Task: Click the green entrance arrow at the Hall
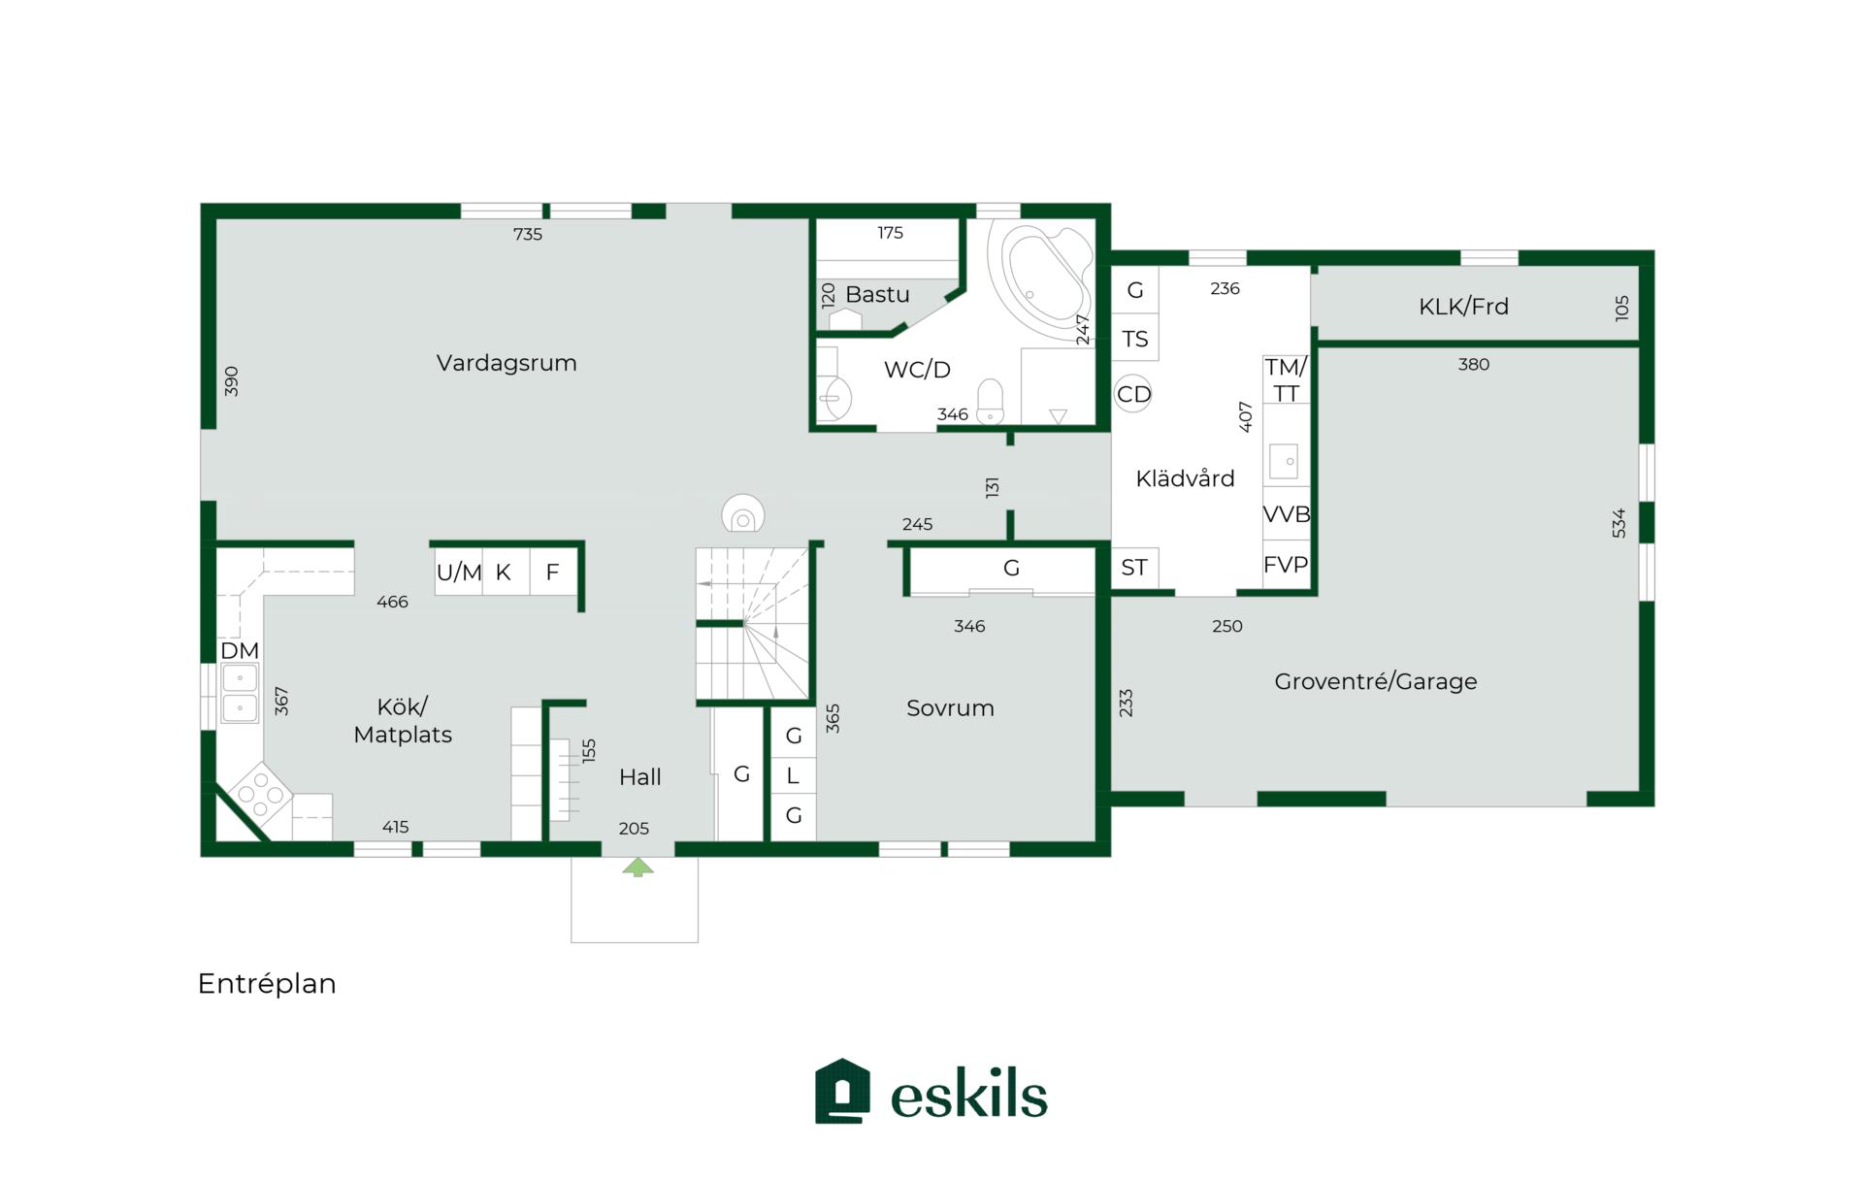637,867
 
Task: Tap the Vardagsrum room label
507,363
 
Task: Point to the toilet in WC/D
990,402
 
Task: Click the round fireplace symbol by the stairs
743,514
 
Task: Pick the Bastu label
877,294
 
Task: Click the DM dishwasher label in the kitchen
240,650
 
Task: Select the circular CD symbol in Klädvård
1133,394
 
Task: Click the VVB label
1287,514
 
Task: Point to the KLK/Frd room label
1463,307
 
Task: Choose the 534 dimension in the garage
1618,523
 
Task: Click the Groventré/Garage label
1376,681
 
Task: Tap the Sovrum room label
950,708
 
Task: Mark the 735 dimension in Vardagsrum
528,234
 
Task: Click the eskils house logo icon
842,1091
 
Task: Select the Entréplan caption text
267,984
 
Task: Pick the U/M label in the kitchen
459,573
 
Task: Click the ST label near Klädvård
1134,568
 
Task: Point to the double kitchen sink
240,693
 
